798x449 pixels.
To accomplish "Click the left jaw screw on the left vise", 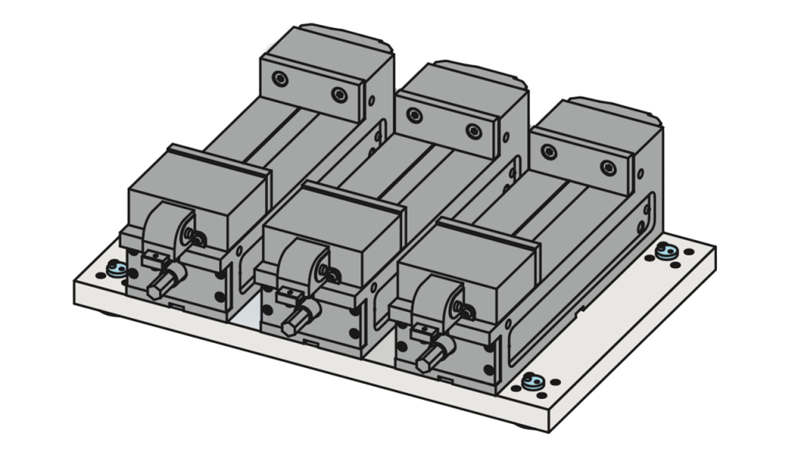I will [280, 78].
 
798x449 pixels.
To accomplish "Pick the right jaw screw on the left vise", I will [338, 94].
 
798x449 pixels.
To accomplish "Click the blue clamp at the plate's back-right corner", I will [666, 250].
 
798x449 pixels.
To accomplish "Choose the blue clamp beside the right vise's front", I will [537, 382].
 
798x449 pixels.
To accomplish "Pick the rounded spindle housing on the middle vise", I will [299, 269].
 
